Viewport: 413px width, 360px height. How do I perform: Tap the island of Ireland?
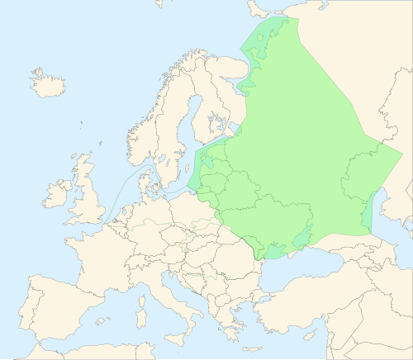(59, 195)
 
